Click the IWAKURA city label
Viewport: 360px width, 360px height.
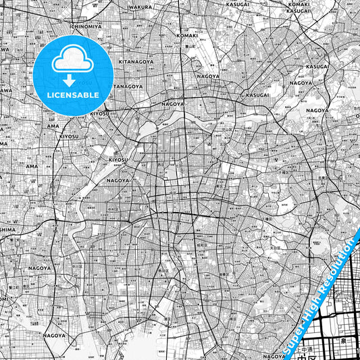[x=139, y=7]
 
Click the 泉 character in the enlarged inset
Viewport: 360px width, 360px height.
[x=343, y=341]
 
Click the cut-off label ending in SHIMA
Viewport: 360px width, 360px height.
[x=7, y=229]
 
